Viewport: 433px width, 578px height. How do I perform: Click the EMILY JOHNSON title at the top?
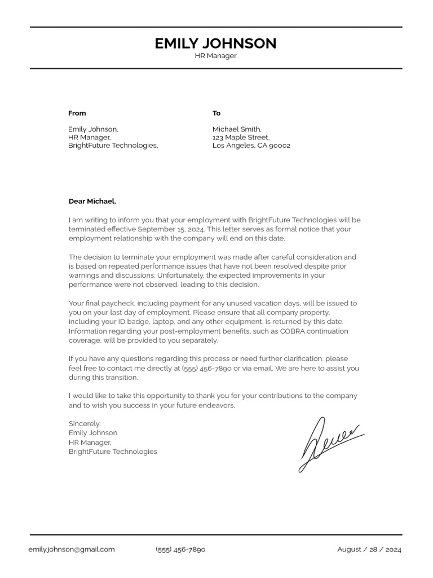tap(215, 43)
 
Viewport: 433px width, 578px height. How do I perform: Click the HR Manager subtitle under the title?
tap(215, 56)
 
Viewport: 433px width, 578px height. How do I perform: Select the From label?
tap(77, 113)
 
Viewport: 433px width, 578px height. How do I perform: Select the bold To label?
tap(216, 113)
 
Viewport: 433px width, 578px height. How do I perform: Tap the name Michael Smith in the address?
tap(237, 129)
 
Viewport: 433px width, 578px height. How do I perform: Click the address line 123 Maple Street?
tap(241, 137)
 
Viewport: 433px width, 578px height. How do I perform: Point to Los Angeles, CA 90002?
tap(251, 146)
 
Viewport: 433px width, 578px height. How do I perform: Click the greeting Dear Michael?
tap(92, 201)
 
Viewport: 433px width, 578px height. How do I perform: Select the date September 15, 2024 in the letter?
tap(171, 229)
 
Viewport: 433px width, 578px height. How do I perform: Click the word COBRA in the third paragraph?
tap(293, 331)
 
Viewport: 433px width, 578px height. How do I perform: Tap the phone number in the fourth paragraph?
tap(206, 369)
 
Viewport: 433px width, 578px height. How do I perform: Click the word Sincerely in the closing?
tap(85, 423)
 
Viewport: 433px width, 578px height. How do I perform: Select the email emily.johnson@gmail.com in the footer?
tap(72, 549)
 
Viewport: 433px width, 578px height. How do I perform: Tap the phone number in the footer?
tap(180, 549)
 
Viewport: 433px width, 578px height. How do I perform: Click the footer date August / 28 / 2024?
tap(369, 549)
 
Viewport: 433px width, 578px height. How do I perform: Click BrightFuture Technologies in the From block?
tap(113, 146)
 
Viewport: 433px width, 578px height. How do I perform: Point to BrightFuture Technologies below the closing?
tap(113, 452)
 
